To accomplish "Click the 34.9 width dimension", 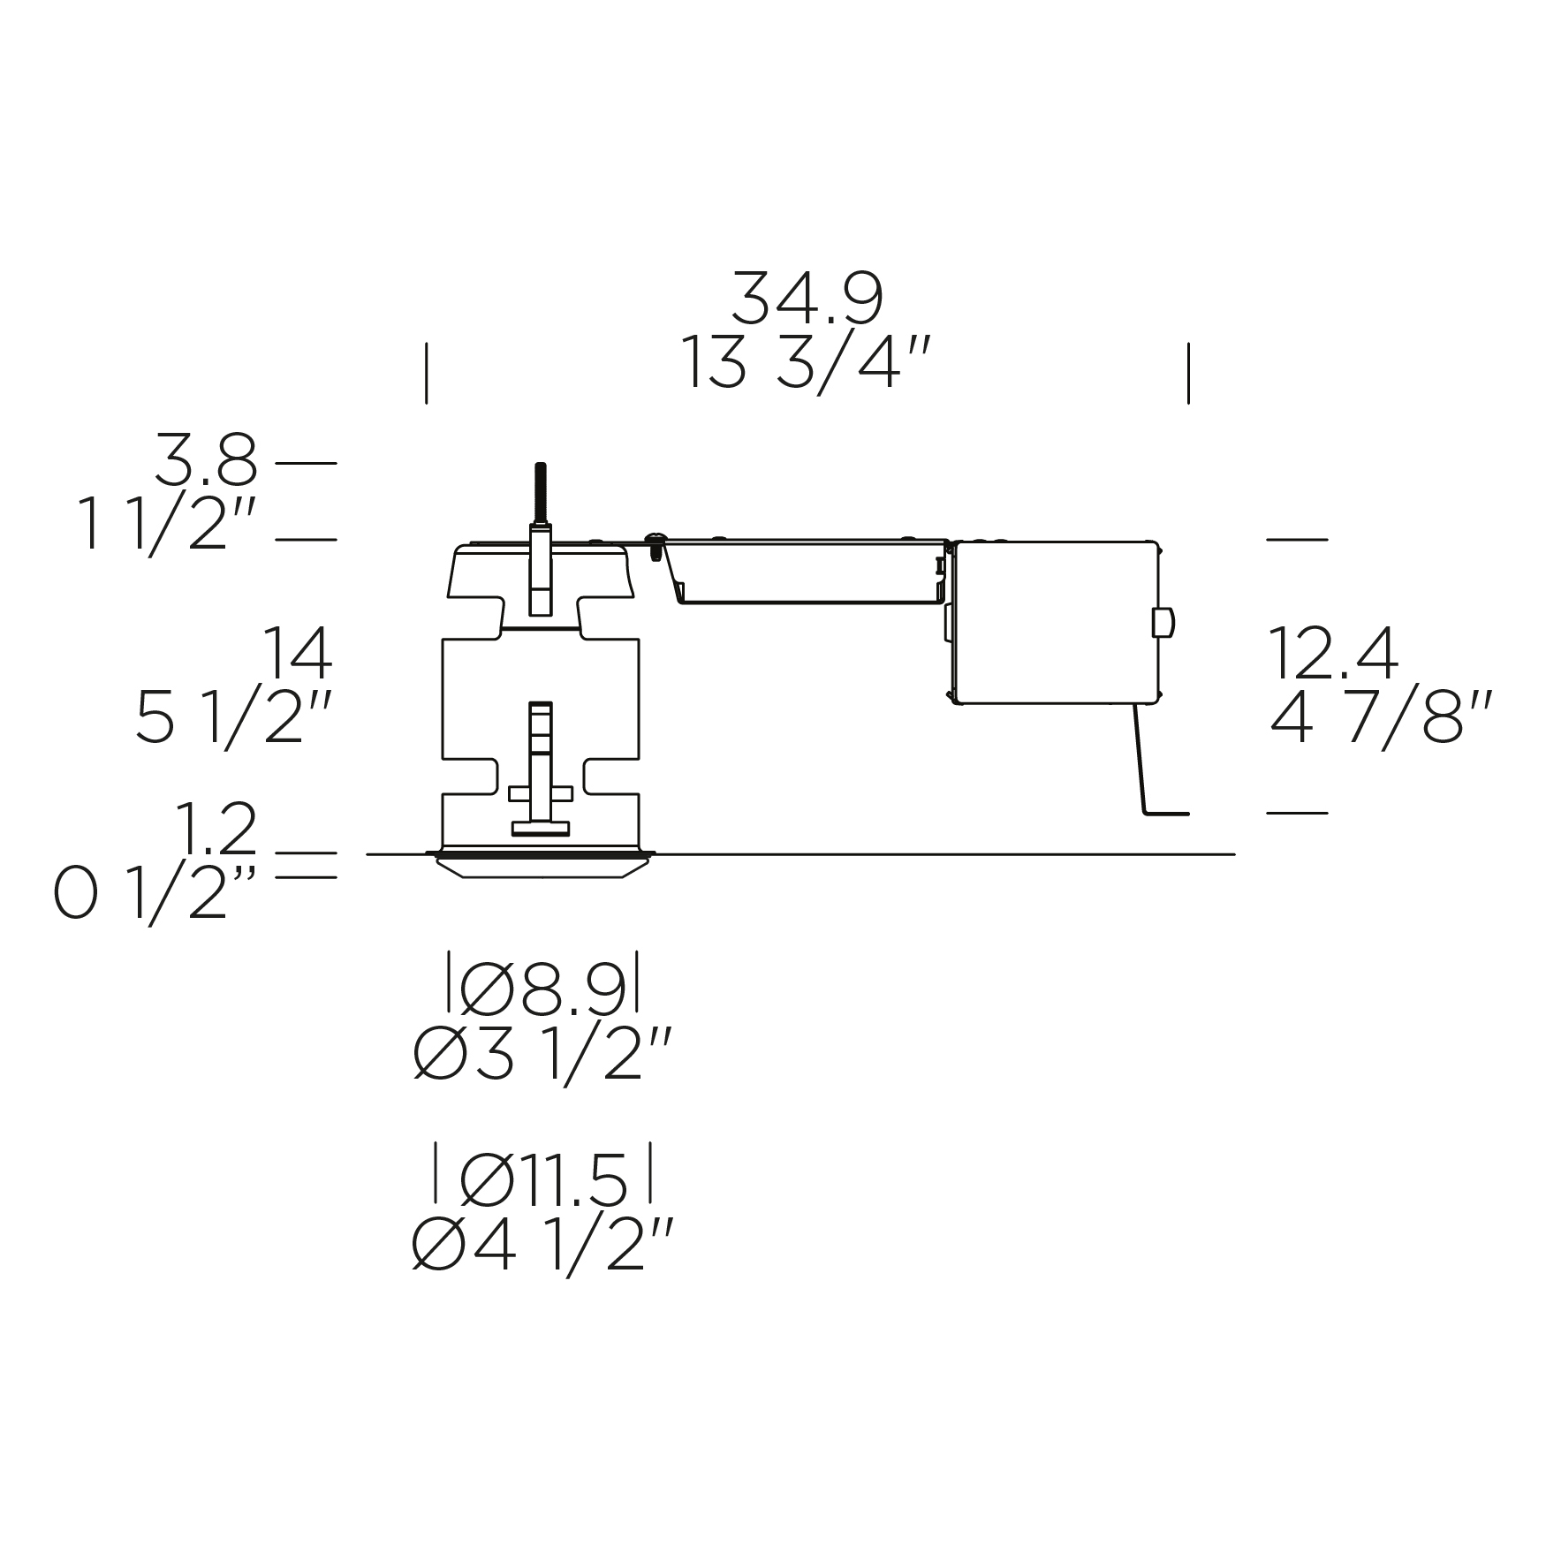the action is click(x=807, y=298).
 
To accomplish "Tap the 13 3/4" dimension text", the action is click(x=806, y=364).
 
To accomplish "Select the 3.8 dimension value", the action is click(x=206, y=459).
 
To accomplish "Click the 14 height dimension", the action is click(x=298, y=654).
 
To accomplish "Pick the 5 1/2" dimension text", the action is click(x=234, y=717).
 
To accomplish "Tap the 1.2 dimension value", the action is click(x=216, y=829).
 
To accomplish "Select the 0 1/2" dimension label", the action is click(x=155, y=894).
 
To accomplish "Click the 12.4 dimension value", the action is click(x=1333, y=653).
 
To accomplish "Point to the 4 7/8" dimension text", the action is click(x=1381, y=717).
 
